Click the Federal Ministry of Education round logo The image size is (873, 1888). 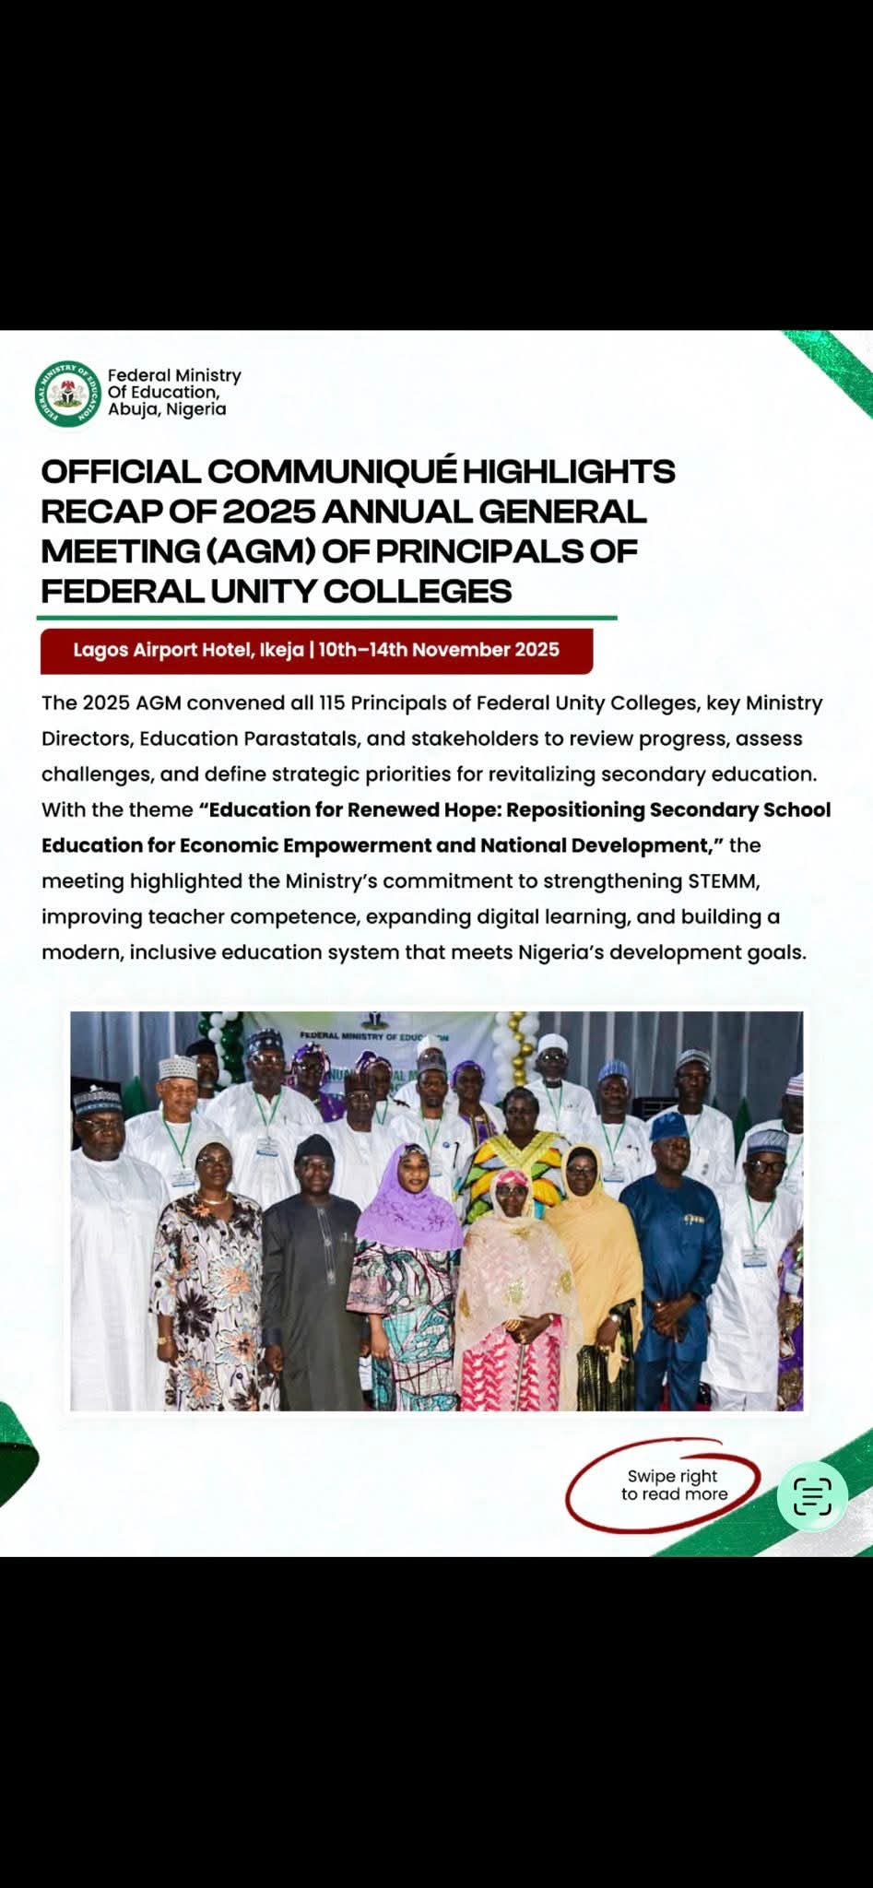[x=67, y=394]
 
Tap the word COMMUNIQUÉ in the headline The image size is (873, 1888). [x=331, y=471]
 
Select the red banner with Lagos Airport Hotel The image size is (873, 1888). [x=316, y=651]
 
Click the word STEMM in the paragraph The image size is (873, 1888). [x=724, y=881]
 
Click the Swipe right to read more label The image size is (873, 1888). [x=673, y=1485]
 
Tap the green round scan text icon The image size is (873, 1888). [x=812, y=1495]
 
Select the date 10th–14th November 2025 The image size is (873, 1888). [x=439, y=651]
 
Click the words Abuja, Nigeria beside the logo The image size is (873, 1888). [x=167, y=409]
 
